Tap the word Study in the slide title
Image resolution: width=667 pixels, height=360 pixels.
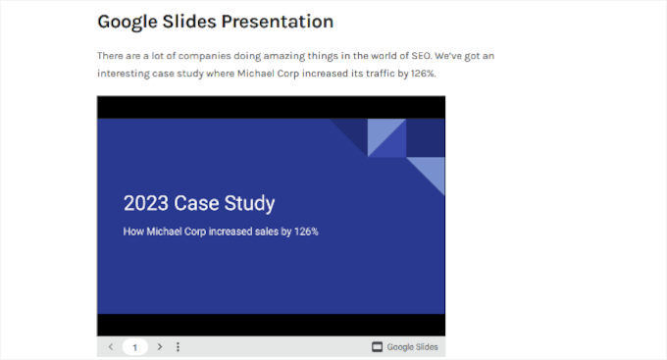pyautogui.click(x=249, y=204)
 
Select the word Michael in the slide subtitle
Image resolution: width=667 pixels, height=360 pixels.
pyautogui.click(x=165, y=231)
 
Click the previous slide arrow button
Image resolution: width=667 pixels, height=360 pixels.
pyautogui.click(x=110, y=347)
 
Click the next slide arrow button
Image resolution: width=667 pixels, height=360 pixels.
pyautogui.click(x=160, y=347)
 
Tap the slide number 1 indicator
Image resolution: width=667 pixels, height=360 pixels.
pyautogui.click(x=135, y=347)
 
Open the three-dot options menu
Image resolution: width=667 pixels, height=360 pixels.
pyautogui.click(x=178, y=347)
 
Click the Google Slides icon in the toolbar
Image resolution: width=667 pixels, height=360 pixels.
pyautogui.click(x=377, y=347)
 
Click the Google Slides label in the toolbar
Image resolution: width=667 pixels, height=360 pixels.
pyautogui.click(x=412, y=347)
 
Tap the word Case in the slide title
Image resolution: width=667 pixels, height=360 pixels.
pyautogui.click(x=197, y=204)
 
